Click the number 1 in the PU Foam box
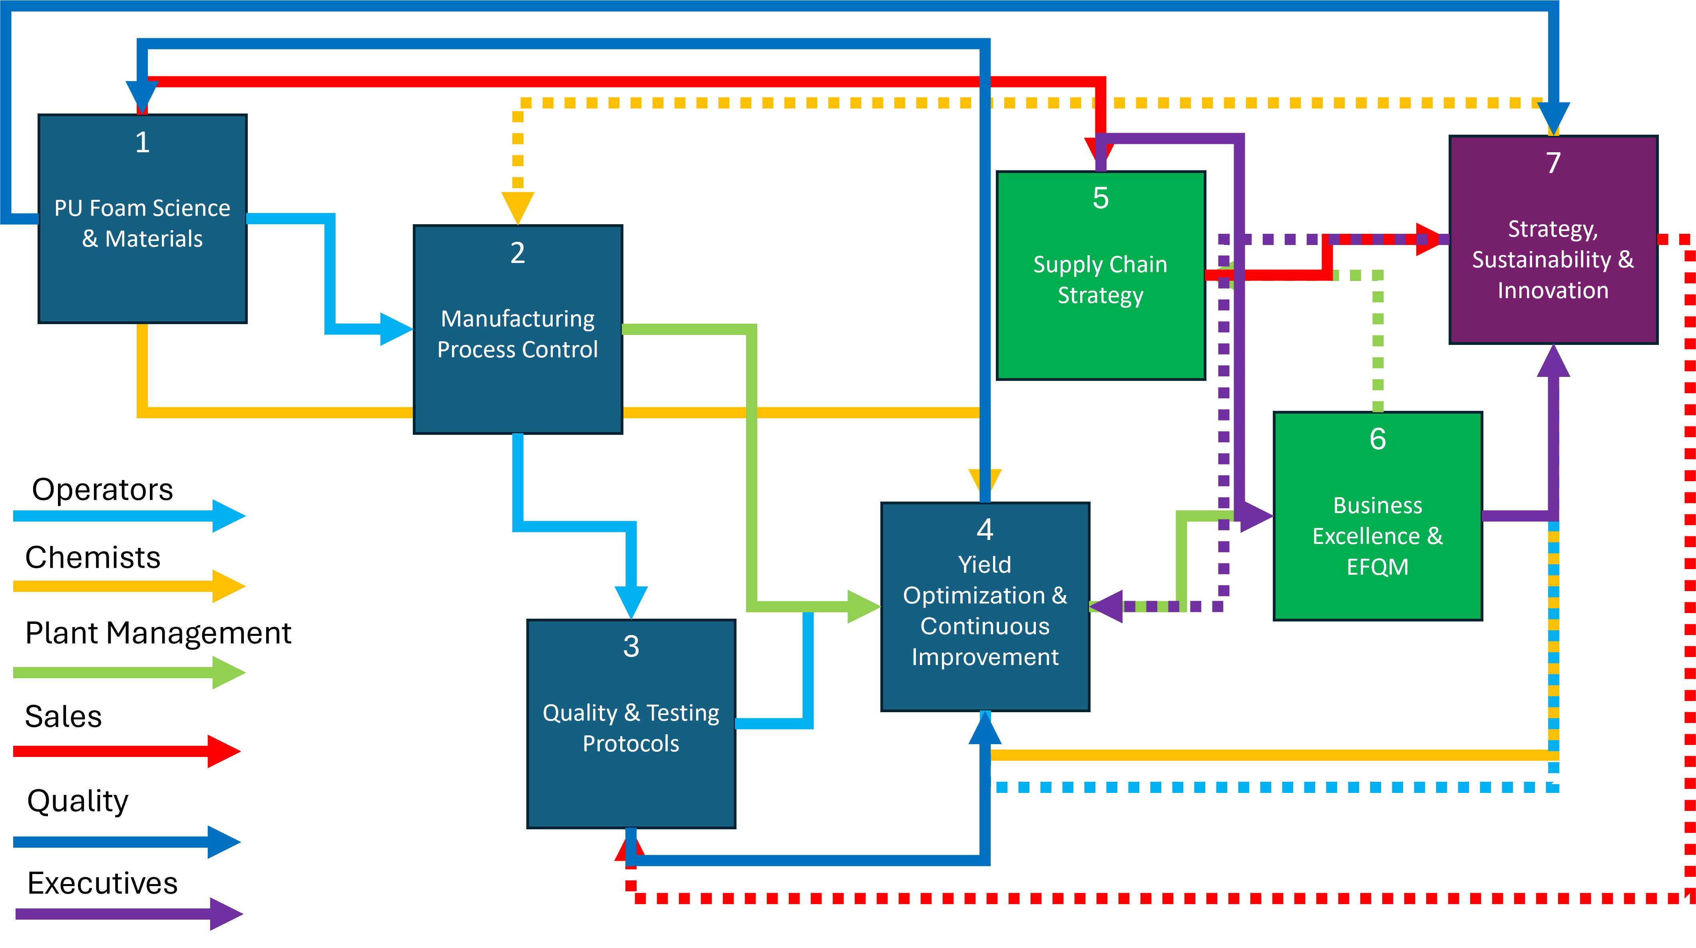coord(142,142)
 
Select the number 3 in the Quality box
coord(631,647)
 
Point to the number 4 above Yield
coord(985,529)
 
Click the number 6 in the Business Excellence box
coord(1378,439)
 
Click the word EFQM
coord(1378,567)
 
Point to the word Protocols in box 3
coord(631,744)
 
